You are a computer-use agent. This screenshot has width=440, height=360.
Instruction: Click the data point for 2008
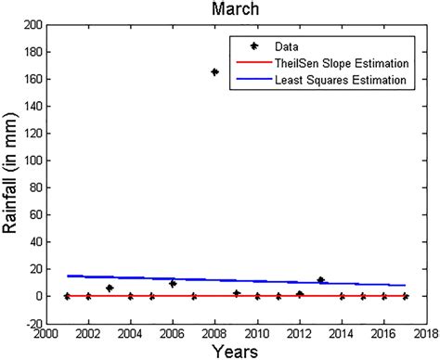(x=214, y=71)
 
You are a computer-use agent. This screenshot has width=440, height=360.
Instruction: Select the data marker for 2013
(x=320, y=279)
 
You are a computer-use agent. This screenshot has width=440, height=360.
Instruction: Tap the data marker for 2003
(x=109, y=288)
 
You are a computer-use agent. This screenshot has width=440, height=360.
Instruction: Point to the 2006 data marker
(x=173, y=284)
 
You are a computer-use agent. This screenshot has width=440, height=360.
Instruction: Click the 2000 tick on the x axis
(x=45, y=333)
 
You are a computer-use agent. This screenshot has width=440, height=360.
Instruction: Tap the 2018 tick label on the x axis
(x=427, y=333)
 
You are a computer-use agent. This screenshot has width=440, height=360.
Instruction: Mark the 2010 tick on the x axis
(x=257, y=333)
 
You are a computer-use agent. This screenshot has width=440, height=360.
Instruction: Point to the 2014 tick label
(x=342, y=333)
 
